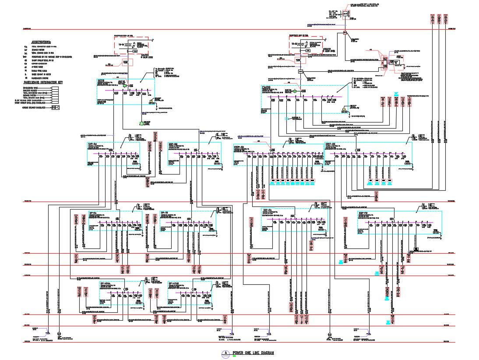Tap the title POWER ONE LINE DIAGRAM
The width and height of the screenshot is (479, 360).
(x=254, y=353)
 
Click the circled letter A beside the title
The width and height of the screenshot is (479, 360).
(x=226, y=353)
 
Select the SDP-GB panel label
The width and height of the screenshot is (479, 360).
(x=173, y=143)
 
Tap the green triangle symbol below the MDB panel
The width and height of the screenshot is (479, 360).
(x=141, y=123)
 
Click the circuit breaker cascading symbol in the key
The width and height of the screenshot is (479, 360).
(x=55, y=108)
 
